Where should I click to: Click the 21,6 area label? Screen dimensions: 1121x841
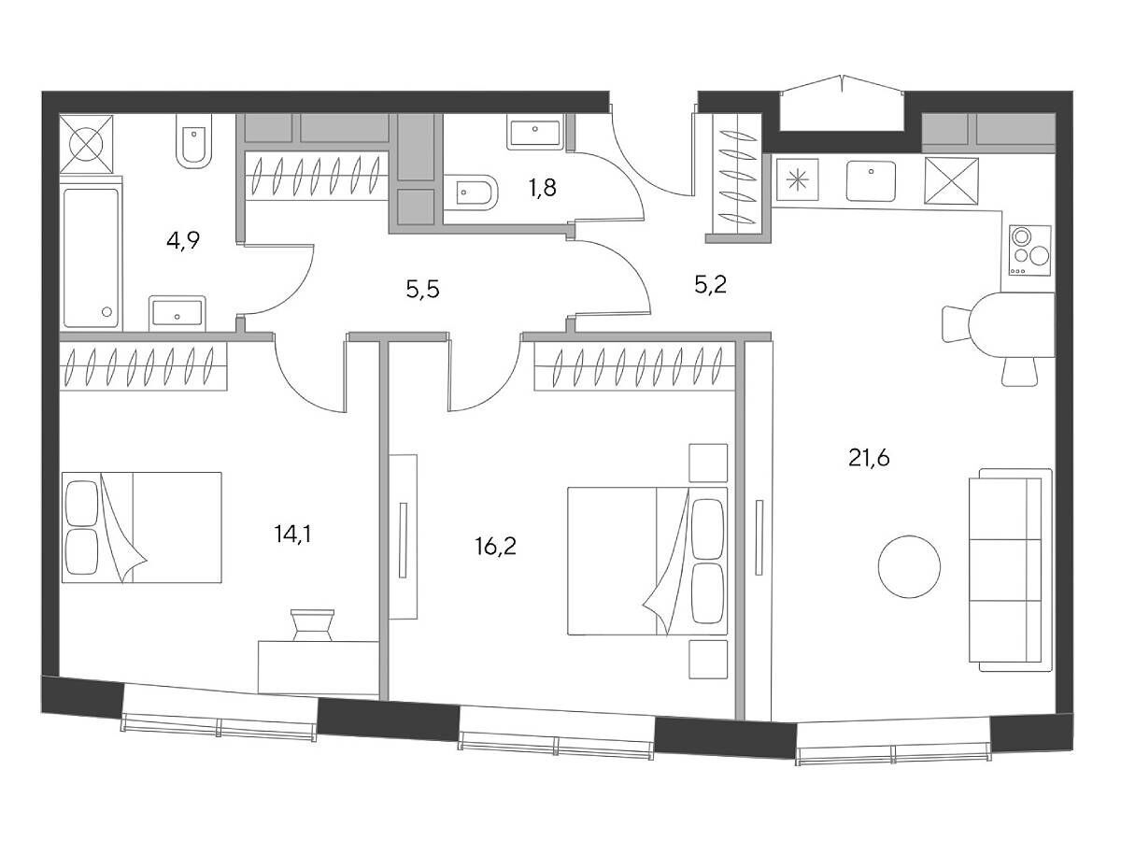[869, 459]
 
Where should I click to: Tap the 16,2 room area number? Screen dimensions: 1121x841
[495, 547]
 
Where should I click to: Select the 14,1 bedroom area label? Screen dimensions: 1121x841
[292, 535]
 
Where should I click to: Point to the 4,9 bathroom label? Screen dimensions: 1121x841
[183, 240]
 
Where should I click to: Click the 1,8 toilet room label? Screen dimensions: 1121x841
[543, 188]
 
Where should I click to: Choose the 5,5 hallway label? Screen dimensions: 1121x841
[423, 290]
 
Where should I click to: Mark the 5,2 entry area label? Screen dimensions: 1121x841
[710, 285]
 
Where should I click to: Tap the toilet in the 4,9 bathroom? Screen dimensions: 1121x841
[193, 141]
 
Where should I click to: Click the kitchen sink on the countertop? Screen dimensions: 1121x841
[871, 181]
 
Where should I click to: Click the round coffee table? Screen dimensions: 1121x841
[910, 566]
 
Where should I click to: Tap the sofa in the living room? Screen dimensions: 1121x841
[1010, 570]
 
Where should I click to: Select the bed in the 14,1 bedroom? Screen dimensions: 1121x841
[141, 527]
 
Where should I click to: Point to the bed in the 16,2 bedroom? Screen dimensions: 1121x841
[647, 561]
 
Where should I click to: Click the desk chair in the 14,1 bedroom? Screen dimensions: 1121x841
[312, 624]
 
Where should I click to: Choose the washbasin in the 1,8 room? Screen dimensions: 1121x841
[534, 133]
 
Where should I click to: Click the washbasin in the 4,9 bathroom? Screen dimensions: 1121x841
[177, 313]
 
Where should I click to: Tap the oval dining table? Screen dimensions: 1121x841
[1012, 325]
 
